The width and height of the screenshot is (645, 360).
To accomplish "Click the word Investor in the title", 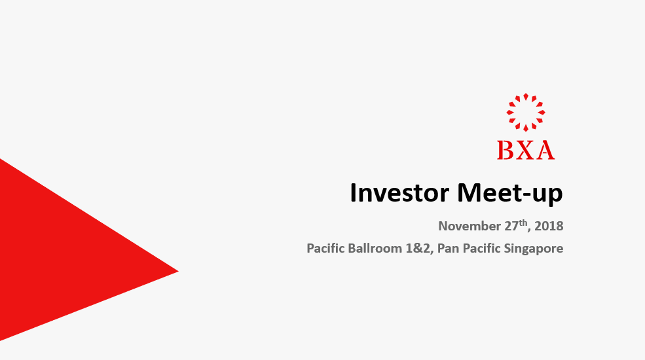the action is [399, 192].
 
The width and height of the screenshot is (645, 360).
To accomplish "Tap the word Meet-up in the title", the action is [509, 194].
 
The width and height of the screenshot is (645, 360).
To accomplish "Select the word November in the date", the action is [470, 226].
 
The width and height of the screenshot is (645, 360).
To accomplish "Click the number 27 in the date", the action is [511, 226].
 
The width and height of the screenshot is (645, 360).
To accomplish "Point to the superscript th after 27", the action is [523, 223].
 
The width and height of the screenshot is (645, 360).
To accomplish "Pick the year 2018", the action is [549, 226].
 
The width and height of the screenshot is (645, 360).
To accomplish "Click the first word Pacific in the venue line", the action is [325, 248].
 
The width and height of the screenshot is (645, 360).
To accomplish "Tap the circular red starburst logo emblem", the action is [526, 112].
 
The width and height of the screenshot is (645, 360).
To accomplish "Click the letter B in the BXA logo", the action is [505, 150].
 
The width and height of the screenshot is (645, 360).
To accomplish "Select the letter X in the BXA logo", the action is [525, 150].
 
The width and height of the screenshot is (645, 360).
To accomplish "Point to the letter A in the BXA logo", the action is [545, 150].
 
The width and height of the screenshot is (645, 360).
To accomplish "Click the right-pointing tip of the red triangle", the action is [178, 271].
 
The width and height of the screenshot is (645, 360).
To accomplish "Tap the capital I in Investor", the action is [352, 192].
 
